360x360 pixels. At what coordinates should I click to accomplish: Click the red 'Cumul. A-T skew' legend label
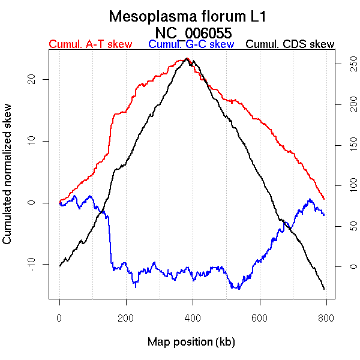(x=90, y=44)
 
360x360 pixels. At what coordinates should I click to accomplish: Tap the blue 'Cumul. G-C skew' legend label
(x=191, y=44)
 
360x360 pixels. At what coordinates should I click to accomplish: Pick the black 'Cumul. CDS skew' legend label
(x=290, y=44)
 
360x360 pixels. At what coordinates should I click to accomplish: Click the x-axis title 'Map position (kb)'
(x=191, y=342)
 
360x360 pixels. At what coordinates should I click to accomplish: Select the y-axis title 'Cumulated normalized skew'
(x=8, y=181)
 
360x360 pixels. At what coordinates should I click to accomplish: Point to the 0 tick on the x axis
(x=59, y=317)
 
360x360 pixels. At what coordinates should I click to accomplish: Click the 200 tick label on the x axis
(x=126, y=317)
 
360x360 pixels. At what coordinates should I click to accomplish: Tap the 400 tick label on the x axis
(x=193, y=317)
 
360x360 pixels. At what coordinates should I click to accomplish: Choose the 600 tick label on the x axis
(x=259, y=317)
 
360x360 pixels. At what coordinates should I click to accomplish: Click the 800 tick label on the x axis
(x=326, y=317)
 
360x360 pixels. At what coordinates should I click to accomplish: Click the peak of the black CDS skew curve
(x=188, y=59)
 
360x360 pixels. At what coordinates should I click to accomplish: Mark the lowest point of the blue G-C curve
(x=239, y=289)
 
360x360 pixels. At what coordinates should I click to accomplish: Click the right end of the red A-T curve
(x=324, y=199)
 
